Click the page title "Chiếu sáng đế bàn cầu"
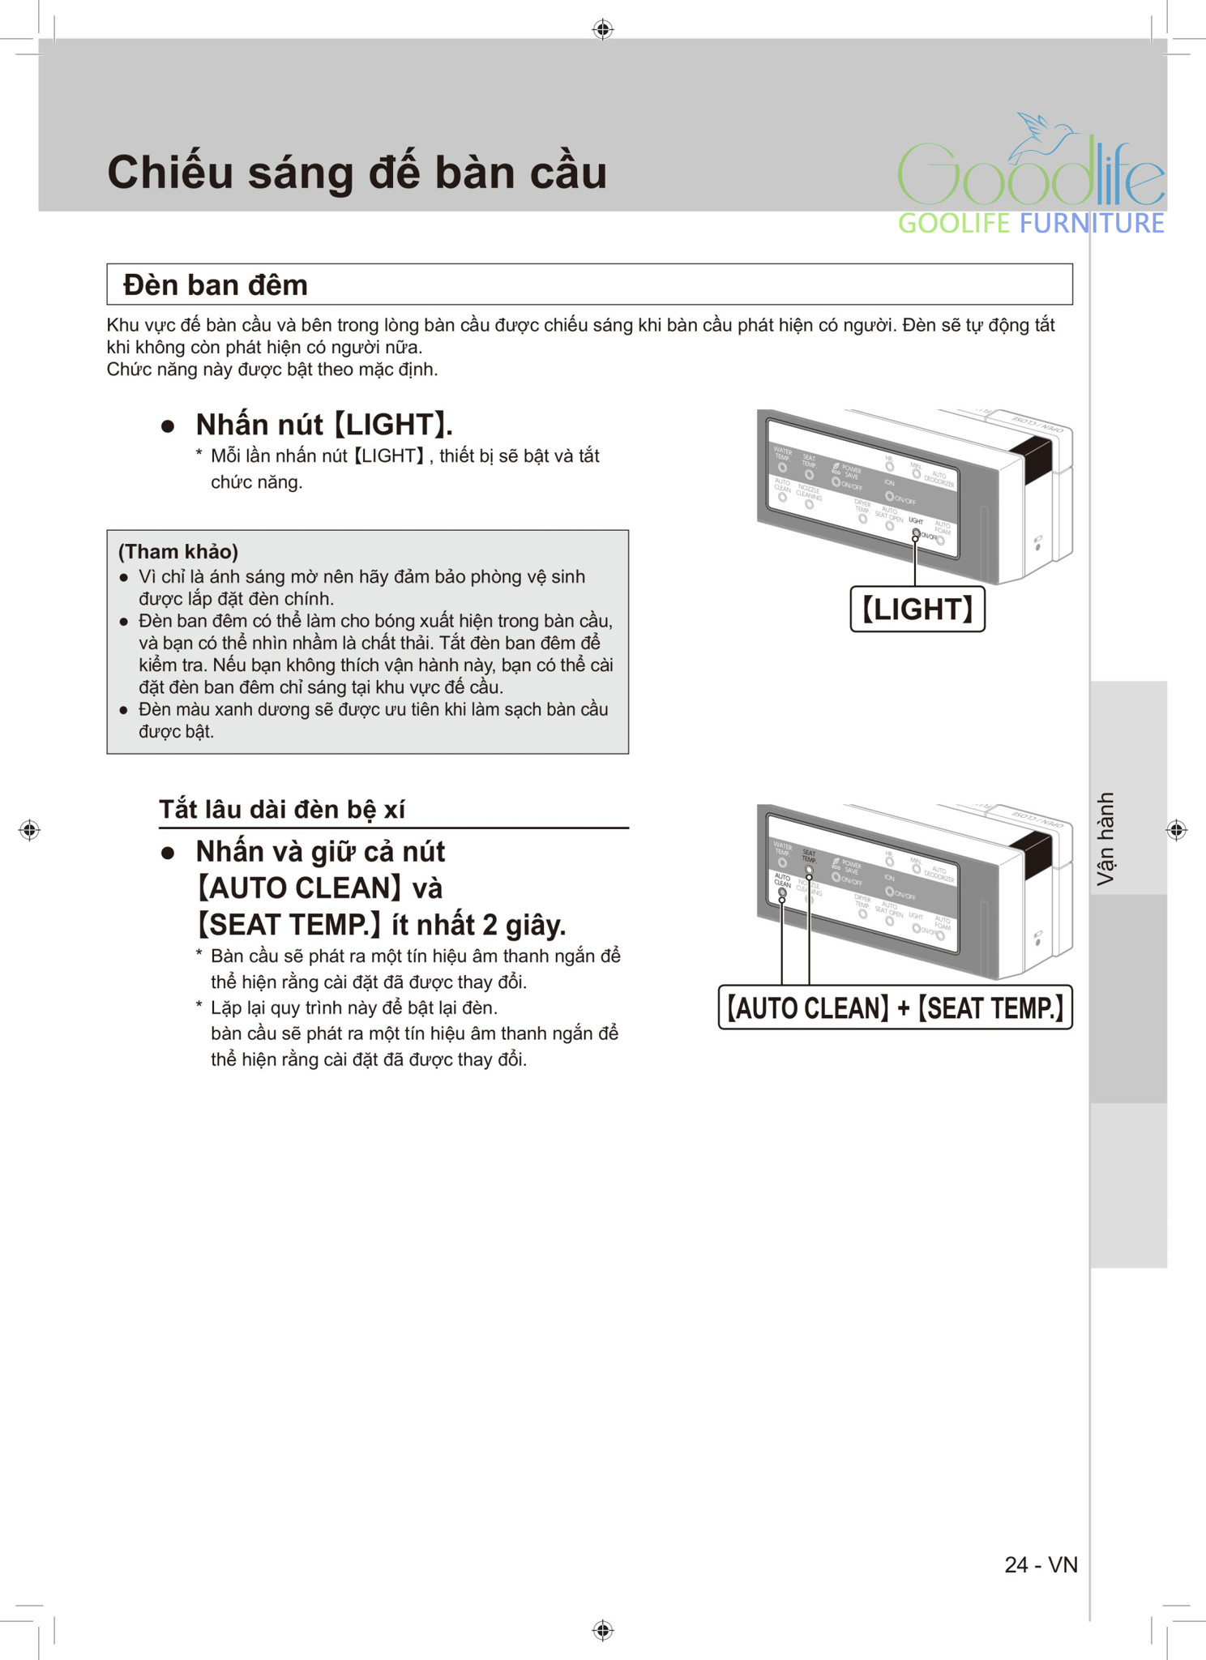click(357, 173)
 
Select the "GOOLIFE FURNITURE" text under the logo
click(1031, 224)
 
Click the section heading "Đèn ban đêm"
click(216, 285)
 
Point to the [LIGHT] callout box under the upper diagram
click(917, 609)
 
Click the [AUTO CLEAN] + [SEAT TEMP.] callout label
click(895, 1008)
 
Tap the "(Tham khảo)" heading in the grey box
click(178, 552)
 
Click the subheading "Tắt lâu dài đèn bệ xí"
click(281, 810)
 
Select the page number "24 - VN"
click(1041, 1564)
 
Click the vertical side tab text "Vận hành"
click(1105, 838)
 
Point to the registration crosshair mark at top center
click(602, 30)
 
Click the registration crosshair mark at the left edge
click(30, 830)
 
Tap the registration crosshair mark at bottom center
click(602, 1630)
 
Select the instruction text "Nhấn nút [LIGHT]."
click(324, 425)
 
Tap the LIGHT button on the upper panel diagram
click(916, 533)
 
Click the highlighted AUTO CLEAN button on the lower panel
click(782, 892)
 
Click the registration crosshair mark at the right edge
click(1176, 830)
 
